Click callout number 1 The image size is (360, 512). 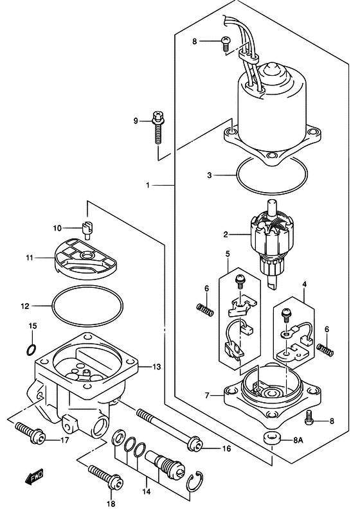147,186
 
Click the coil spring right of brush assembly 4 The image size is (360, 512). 327,349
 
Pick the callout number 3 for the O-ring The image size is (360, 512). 210,174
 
